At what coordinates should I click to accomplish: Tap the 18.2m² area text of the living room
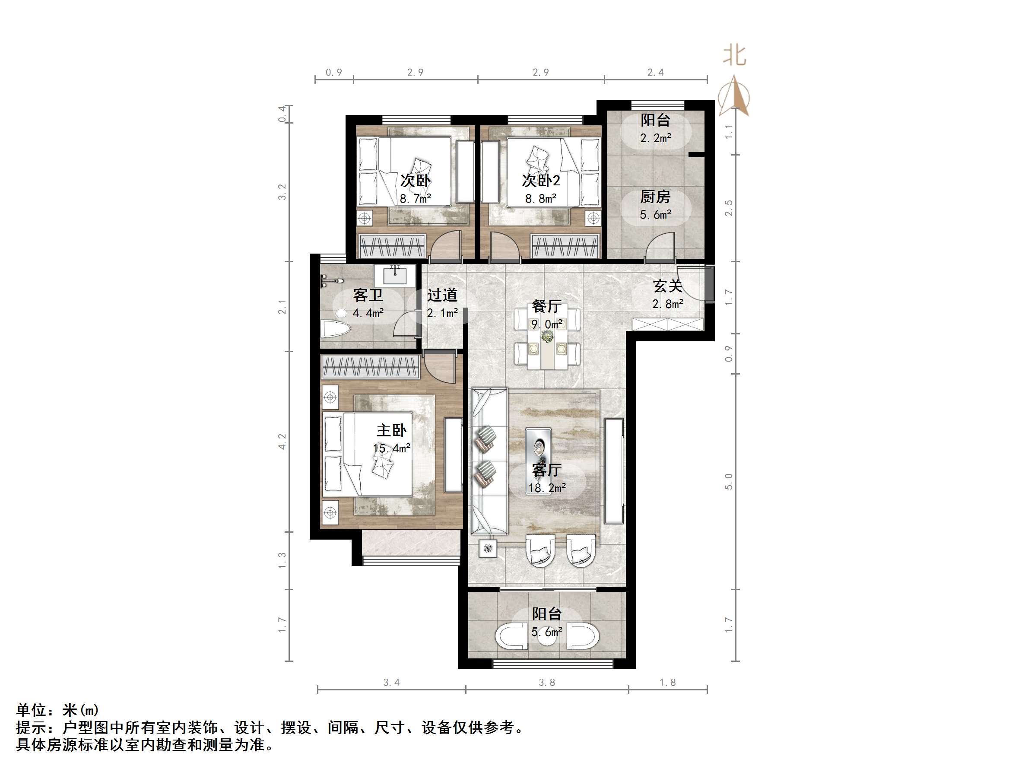click(547, 488)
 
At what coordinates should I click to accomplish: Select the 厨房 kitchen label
click(655, 197)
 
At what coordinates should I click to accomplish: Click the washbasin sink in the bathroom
click(395, 276)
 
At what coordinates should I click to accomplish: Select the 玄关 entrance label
click(668, 286)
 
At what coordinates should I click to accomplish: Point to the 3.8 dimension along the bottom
click(547, 682)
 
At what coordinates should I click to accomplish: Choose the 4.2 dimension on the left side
click(282, 441)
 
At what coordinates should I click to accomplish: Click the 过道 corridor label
click(442, 295)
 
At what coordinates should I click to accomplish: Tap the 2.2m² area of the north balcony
click(656, 138)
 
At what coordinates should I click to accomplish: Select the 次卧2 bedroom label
click(541, 180)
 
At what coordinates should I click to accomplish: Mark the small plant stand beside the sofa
click(488, 549)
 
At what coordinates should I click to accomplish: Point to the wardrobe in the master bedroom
click(370, 367)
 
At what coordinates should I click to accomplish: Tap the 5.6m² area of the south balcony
click(547, 632)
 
